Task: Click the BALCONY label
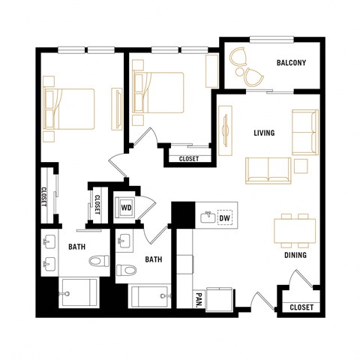point(291,63)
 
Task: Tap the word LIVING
point(264,133)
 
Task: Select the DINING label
point(293,255)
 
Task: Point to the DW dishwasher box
point(224,219)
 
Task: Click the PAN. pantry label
point(198,300)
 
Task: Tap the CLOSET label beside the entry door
point(301,307)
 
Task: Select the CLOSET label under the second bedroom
point(189,159)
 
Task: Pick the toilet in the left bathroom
point(94,262)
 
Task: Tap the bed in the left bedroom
point(70,109)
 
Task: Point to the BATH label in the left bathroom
point(76,246)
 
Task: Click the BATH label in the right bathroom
point(154,260)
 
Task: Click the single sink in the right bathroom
point(125,241)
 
